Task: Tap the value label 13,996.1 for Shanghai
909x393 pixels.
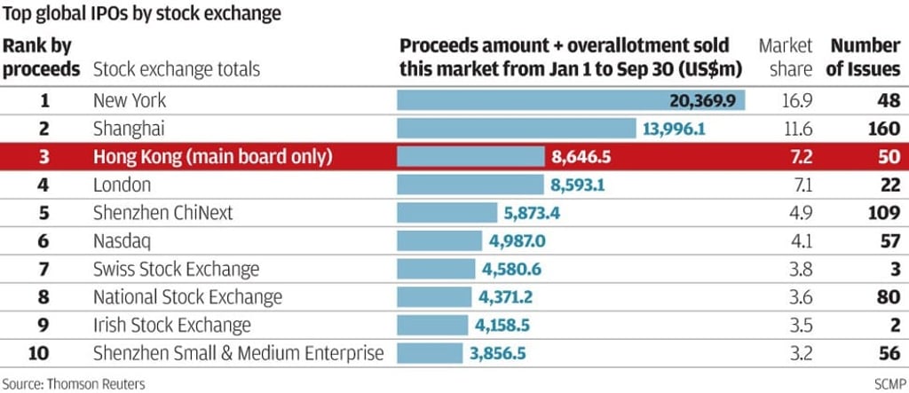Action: point(674,129)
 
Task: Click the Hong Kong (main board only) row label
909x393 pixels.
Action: point(212,157)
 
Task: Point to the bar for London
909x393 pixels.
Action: point(470,185)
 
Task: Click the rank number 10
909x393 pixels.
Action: point(38,353)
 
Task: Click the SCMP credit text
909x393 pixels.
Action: point(886,383)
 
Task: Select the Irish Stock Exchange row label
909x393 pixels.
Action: point(172,325)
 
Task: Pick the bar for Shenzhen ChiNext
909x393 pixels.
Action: point(447,213)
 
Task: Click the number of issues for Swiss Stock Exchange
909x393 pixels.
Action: point(895,269)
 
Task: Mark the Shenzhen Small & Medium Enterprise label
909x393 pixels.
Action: point(238,353)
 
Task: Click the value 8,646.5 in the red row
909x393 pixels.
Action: point(581,157)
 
